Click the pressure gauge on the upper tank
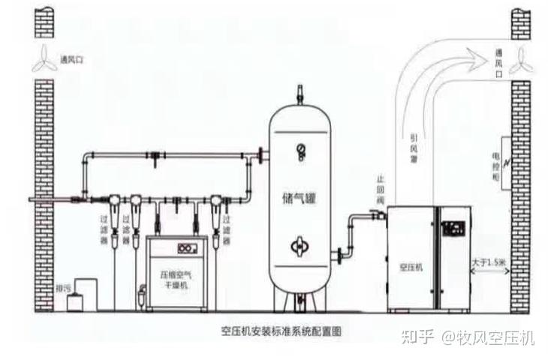point(300,150)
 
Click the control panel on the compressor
point(454,229)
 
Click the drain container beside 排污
point(76,301)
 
